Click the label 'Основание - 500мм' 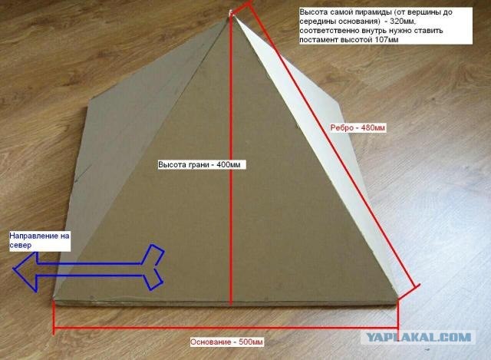227,342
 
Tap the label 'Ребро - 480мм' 358,128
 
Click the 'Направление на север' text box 39,240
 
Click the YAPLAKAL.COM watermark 418,338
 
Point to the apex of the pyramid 231,15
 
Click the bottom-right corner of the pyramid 397,298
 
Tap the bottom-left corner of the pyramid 54,299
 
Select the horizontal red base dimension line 226,328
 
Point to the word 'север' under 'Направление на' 21,245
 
